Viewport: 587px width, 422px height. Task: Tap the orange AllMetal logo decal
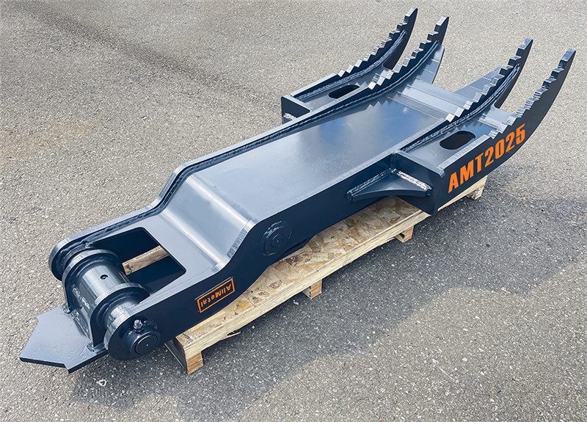click(216, 295)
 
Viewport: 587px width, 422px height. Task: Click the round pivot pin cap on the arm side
click(277, 237)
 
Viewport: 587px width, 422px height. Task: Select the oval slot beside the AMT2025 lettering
click(456, 140)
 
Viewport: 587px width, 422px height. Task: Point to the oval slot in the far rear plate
click(344, 91)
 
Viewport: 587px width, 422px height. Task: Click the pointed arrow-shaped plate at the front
click(56, 338)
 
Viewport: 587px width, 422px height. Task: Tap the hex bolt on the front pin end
click(138, 324)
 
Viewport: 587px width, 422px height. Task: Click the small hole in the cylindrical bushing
click(104, 277)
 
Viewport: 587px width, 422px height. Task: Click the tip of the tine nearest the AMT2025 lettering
click(573, 51)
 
